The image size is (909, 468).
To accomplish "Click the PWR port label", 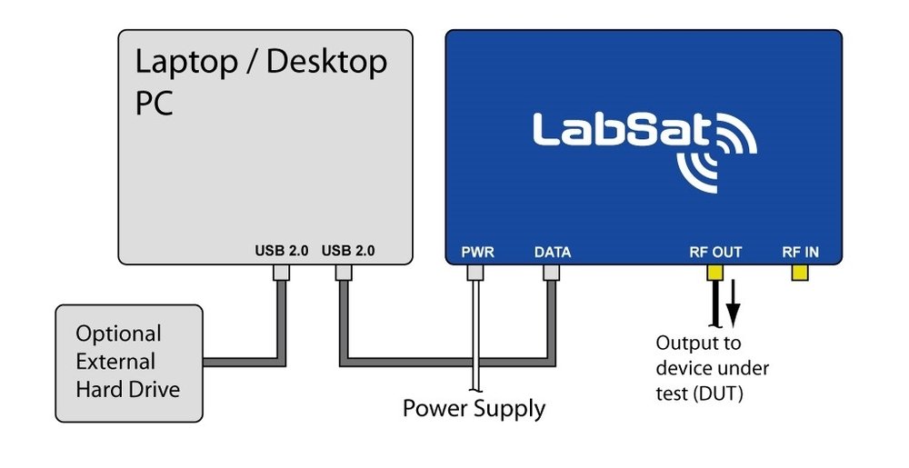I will click(478, 252).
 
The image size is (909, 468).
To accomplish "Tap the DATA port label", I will click(552, 252).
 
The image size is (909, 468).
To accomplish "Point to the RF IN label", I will click(801, 252).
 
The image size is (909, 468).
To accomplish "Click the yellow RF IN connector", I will click(801, 272).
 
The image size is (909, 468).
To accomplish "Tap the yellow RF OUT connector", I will click(715, 272).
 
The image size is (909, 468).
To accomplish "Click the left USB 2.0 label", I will click(282, 250).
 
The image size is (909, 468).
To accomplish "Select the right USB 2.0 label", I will click(348, 250).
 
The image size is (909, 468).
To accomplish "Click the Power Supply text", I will click(474, 408).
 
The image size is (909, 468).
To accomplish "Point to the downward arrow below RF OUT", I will click(734, 309).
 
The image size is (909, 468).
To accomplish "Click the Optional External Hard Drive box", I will click(129, 363).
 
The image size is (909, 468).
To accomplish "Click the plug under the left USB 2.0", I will click(281, 272).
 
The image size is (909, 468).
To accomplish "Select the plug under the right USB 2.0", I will click(345, 272).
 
